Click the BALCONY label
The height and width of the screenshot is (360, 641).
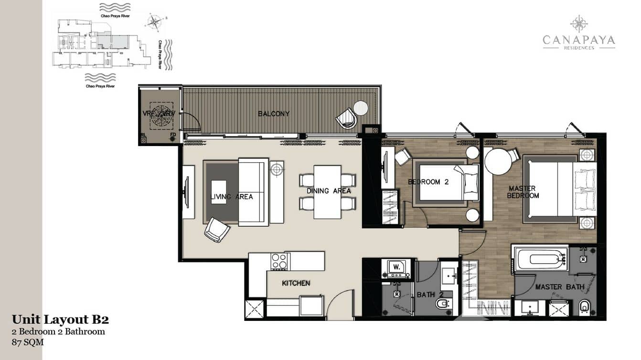274,114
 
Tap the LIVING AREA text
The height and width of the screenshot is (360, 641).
232,197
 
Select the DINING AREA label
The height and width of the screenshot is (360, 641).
329,191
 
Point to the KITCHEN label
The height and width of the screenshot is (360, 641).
296,283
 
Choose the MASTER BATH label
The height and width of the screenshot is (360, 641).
559,287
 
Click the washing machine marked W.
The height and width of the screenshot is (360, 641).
395,267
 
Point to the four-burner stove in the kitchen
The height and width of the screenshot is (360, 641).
279,261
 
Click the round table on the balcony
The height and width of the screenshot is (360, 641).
361,108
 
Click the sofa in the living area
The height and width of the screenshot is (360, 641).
253,192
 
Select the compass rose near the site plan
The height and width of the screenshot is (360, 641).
154,21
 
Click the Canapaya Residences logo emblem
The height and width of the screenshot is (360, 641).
579,24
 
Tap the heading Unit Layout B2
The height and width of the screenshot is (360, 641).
64,319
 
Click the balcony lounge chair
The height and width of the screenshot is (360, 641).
346,118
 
